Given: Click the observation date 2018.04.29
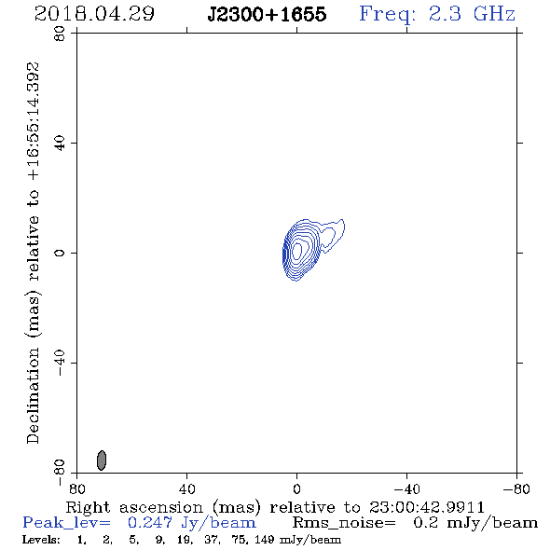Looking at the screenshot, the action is (94, 14).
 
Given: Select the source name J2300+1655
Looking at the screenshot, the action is (267, 14).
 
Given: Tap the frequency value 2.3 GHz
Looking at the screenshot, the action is (472, 14).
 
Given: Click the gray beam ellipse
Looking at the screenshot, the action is (102, 461).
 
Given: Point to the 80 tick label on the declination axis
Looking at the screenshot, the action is (60, 34).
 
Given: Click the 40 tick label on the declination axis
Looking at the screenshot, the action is (60, 144).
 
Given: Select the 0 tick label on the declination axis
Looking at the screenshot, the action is (60, 253).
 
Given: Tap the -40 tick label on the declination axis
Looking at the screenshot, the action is (60, 363).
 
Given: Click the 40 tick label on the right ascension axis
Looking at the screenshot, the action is (186, 488).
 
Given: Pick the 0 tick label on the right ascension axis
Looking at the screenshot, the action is (296, 488).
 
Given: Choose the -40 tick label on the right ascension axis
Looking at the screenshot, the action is (406, 488).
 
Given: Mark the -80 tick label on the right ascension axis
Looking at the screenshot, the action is (516, 488).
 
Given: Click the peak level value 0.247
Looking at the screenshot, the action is (150, 523).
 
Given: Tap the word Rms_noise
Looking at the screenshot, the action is (344, 523).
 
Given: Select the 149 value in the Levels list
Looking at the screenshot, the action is (265, 539).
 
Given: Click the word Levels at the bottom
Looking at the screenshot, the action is (41, 539).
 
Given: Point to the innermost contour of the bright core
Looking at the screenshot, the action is (297, 251).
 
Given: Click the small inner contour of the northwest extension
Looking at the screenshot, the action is (328, 238).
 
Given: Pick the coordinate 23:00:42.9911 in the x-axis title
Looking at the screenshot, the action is (427, 507).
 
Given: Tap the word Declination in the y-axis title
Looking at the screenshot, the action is (33, 396).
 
